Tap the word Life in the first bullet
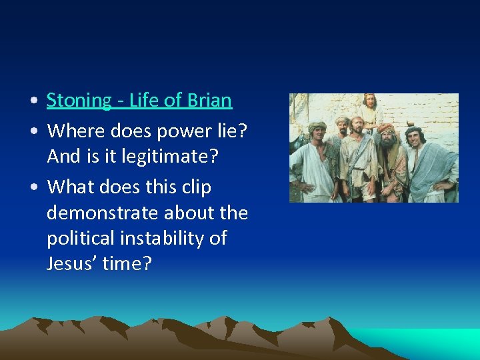144,101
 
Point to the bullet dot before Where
33,132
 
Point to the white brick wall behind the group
427,110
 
